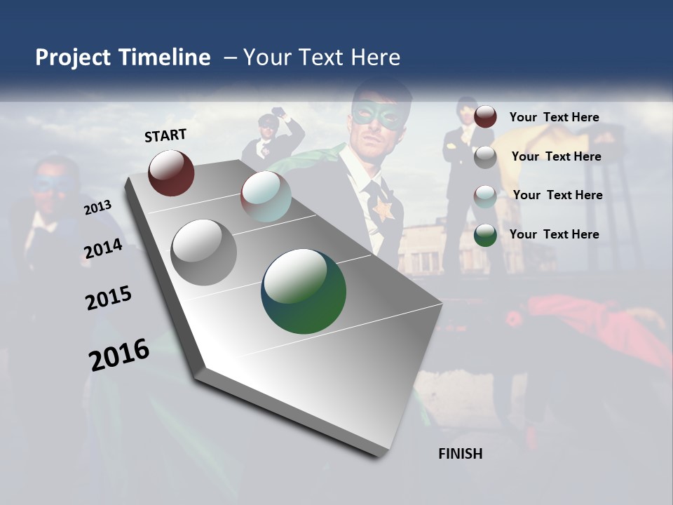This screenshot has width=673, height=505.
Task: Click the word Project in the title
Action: (x=73, y=58)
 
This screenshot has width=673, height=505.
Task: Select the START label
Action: (x=165, y=135)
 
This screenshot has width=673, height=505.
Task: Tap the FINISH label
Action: (x=460, y=454)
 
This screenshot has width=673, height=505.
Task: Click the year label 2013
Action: (x=97, y=208)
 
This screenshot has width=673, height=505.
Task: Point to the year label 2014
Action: (x=102, y=249)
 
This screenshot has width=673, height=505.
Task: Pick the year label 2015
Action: (x=109, y=297)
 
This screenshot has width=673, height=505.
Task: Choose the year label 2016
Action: (x=119, y=355)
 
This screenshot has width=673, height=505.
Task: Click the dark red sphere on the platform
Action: (x=171, y=173)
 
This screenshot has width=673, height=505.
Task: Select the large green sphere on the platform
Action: (x=304, y=291)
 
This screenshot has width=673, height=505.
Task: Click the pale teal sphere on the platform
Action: (x=266, y=196)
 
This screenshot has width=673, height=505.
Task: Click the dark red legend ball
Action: (x=485, y=117)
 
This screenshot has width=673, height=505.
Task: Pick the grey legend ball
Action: (x=485, y=157)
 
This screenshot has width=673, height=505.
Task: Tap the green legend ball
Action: (x=485, y=235)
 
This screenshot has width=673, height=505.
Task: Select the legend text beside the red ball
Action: (x=554, y=117)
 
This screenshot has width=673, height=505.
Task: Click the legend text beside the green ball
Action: (x=554, y=234)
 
